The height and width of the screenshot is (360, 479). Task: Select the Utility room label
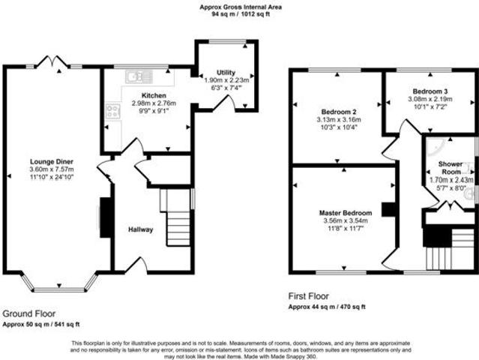click(x=226, y=72)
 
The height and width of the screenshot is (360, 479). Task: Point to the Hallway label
click(x=140, y=229)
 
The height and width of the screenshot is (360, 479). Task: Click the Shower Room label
click(x=451, y=167)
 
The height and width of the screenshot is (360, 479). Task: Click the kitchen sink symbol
click(x=139, y=75)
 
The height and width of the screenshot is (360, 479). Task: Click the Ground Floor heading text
click(x=28, y=313)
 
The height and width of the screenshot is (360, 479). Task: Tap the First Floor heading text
click(x=308, y=296)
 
